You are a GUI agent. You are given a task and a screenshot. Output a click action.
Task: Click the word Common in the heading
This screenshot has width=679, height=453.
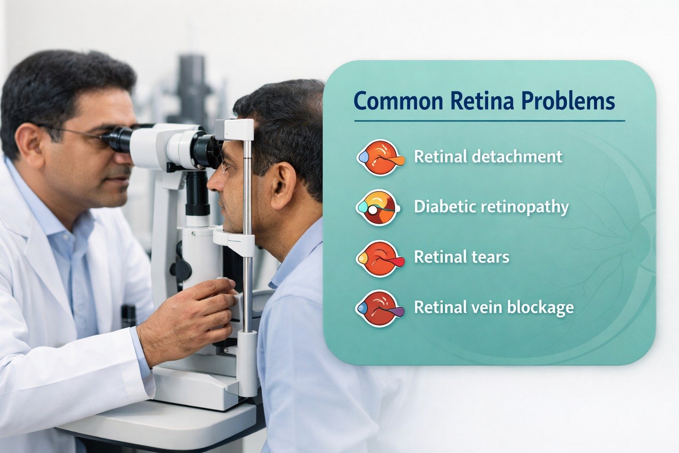[398, 101]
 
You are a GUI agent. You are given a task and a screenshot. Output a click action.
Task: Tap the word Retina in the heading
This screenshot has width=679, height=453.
[482, 101]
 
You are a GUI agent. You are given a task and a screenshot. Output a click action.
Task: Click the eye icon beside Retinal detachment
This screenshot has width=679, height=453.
[379, 157]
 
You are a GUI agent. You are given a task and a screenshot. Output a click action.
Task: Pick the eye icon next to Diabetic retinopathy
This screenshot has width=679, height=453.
[378, 207]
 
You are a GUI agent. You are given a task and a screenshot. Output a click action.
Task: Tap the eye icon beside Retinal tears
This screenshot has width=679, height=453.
[379, 258]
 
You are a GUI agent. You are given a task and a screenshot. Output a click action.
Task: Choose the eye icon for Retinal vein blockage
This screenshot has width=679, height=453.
[379, 308]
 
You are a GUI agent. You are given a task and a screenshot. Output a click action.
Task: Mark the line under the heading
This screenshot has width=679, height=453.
[489, 120]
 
